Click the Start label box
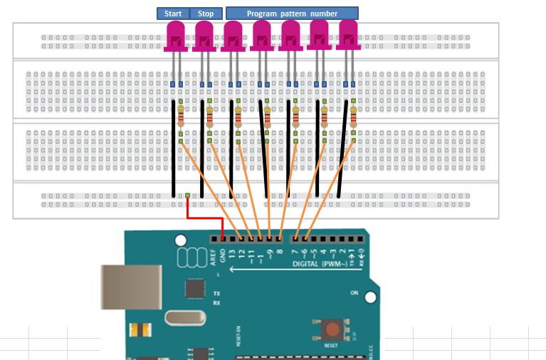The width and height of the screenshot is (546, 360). pyautogui.click(x=173, y=14)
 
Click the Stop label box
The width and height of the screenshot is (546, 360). pyautogui.click(x=205, y=14)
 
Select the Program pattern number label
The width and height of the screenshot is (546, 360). pyautogui.click(x=292, y=14)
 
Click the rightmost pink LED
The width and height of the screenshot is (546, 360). pyautogui.click(x=347, y=36)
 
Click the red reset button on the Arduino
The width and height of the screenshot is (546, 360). pyautogui.click(x=332, y=329)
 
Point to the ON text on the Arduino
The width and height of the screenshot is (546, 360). pyautogui.click(x=354, y=292)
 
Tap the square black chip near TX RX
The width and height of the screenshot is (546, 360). pyautogui.click(x=194, y=287)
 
